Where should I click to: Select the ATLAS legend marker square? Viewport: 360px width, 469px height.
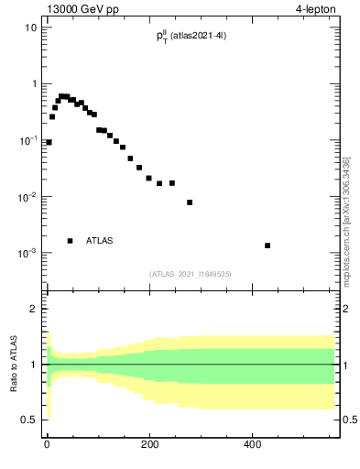tap(70, 241)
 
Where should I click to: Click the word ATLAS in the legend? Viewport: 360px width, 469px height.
tap(100, 241)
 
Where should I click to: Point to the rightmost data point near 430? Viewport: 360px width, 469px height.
tap(267, 245)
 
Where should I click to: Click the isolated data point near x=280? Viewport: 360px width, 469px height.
tap(190, 202)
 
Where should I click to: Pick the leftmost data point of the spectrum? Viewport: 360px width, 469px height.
tap(49, 142)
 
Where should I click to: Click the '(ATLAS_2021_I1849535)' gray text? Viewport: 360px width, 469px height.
tap(191, 274)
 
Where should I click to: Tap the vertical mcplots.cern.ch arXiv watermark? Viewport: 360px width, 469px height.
tap(345, 220)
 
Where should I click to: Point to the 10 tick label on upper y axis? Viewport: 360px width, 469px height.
tap(30, 27)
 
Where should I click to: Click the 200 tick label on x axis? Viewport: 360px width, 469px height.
tap(149, 445)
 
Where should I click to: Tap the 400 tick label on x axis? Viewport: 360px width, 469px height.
tap(252, 445)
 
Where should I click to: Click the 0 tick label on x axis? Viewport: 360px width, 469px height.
tap(47, 445)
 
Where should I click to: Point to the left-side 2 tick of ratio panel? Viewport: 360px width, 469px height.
tap(34, 309)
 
